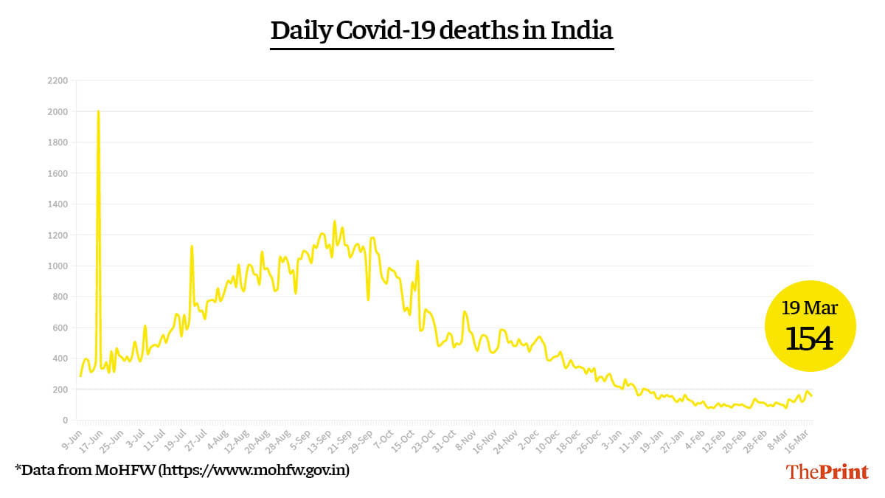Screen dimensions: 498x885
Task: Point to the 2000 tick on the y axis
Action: [x=58, y=111]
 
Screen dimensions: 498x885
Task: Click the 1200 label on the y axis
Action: [x=58, y=235]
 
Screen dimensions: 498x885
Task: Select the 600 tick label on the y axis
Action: [x=60, y=328]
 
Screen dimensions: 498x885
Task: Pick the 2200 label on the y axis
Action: [x=58, y=80]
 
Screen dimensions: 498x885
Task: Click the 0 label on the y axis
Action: [x=65, y=421]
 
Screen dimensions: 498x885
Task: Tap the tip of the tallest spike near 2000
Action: [x=98, y=111]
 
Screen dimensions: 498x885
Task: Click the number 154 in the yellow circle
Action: [x=809, y=339]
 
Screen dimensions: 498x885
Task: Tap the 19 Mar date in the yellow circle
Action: [x=810, y=308]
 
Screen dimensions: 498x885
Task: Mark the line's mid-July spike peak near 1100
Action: [x=192, y=246]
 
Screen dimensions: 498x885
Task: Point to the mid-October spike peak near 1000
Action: [x=417, y=260]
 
